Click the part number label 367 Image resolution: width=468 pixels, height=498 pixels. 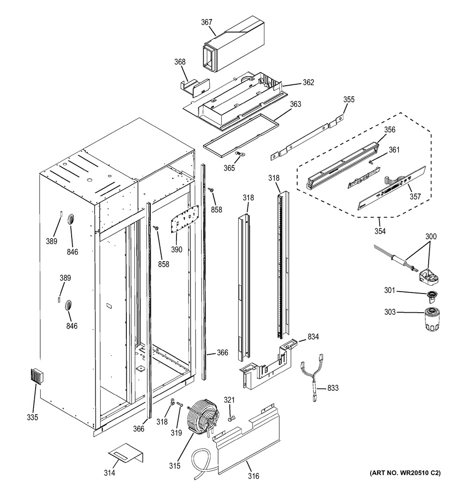[206, 22]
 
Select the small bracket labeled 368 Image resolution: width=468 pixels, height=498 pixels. [194, 88]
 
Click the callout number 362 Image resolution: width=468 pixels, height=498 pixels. [308, 82]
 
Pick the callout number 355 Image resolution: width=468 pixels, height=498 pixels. [349, 99]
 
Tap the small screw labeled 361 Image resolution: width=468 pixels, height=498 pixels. [370, 162]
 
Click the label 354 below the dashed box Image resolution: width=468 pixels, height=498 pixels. [380, 231]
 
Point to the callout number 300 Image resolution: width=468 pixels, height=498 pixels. [431, 236]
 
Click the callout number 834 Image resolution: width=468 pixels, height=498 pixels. [313, 337]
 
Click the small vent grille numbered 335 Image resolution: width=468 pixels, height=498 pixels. [38, 377]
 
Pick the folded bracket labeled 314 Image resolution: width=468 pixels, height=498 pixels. [126, 453]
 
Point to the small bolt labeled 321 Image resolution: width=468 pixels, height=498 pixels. [231, 419]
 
